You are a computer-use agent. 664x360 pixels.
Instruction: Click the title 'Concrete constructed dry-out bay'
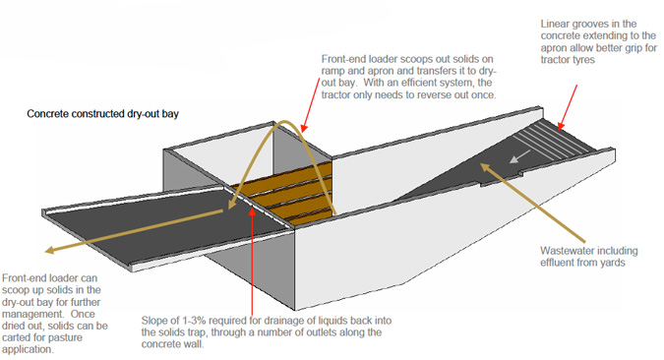click(x=102, y=114)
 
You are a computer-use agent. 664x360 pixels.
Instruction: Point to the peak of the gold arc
click(x=284, y=122)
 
